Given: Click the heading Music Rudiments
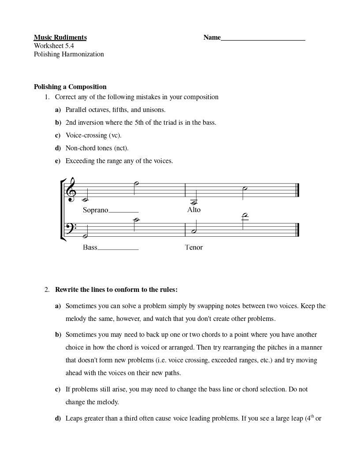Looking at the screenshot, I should (x=60, y=37).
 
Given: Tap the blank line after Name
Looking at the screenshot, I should (x=263, y=38).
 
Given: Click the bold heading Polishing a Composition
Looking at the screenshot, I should (x=70, y=87).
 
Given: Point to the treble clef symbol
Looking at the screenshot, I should (x=71, y=190).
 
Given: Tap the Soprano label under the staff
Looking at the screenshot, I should (x=95, y=210).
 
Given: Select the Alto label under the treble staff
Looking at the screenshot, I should (x=193, y=210).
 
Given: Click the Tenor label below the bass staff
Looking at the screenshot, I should (x=193, y=247).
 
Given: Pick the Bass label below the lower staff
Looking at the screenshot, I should (x=90, y=247).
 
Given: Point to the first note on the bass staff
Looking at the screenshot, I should (x=85, y=236).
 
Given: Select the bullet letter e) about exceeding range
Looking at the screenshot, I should (x=58, y=161).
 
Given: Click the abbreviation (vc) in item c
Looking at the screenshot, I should (x=115, y=135).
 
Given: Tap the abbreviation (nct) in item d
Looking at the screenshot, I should (x=121, y=148).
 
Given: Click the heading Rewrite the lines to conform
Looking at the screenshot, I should (x=116, y=290).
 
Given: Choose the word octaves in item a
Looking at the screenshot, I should (x=100, y=110).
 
